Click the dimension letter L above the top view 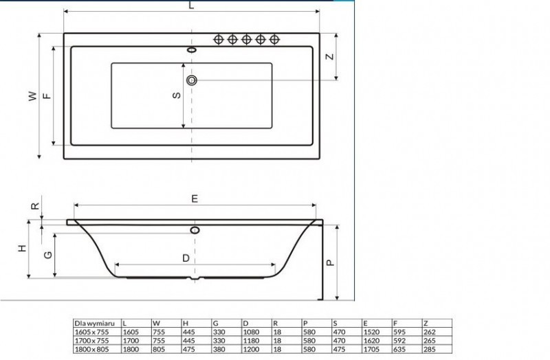click(191, 5)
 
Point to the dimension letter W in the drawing click(32, 97)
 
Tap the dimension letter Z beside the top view click(329, 57)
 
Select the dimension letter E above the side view click(195, 199)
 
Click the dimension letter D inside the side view click(186, 258)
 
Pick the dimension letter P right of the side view click(329, 262)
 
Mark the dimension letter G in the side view click(47, 255)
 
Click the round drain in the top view click(192, 80)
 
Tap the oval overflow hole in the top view click(192, 49)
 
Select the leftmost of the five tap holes click(219, 39)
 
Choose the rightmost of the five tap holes click(274, 39)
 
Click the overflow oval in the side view click(195, 229)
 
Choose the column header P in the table click(305, 322)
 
